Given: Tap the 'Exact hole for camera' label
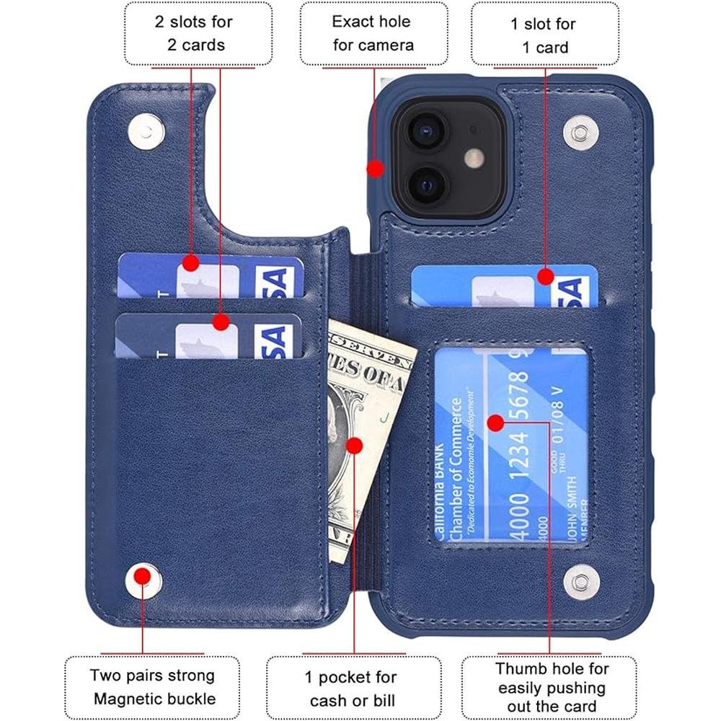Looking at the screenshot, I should (373, 33).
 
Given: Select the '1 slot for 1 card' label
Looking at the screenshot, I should (544, 35).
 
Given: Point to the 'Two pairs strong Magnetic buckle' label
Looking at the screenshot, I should (152, 687).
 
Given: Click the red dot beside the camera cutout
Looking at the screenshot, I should (375, 169).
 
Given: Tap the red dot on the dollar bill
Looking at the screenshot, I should (354, 446).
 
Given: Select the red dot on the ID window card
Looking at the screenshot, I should (495, 423).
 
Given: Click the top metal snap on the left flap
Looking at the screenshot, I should (147, 131).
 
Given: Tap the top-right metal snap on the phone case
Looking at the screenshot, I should (580, 132).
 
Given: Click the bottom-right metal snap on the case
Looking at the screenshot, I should (580, 579).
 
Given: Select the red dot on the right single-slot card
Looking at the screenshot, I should (545, 276).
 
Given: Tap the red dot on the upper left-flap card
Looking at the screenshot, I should (190, 263).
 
